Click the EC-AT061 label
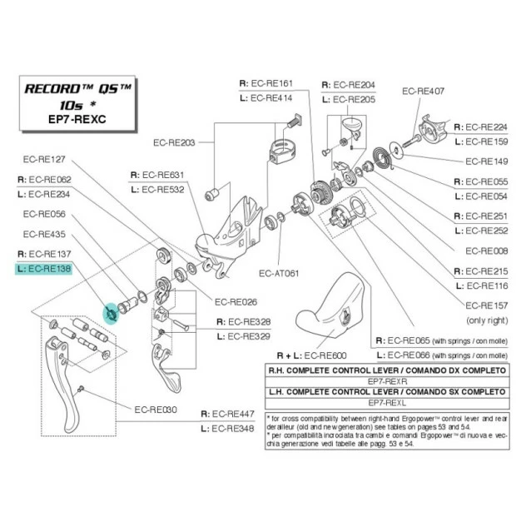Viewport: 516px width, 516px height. pyautogui.click(x=278, y=272)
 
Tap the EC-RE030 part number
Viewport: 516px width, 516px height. pyautogui.click(x=155, y=409)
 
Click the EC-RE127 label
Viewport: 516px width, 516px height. pyautogui.click(x=45, y=159)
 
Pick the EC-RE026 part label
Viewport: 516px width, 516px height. pyautogui.click(x=235, y=302)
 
